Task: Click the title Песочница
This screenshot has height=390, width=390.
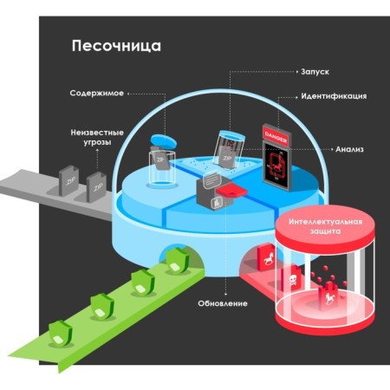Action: click(116, 46)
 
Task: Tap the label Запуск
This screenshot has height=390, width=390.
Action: click(315, 72)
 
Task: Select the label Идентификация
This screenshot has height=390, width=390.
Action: click(334, 96)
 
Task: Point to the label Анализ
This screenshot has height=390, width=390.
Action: click(349, 149)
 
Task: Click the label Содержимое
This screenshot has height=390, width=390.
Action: click(97, 94)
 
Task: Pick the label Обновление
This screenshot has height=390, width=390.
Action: click(223, 303)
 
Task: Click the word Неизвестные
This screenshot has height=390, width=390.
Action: click(97, 133)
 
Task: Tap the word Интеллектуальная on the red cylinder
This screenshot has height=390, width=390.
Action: click(325, 222)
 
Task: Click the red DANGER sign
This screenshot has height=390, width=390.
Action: click(276, 136)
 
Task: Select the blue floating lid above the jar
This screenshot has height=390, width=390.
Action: click(164, 141)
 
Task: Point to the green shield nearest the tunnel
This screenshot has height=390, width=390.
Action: click(177, 260)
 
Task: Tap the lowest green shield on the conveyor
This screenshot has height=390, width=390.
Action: click(60, 334)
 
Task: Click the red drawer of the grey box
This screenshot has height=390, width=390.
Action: click(231, 192)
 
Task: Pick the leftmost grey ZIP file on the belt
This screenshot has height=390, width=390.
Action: click(68, 180)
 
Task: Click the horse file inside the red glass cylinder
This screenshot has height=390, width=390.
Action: click(329, 296)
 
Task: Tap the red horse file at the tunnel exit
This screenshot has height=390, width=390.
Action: click(266, 257)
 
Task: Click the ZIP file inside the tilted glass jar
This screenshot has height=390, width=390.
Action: click(226, 157)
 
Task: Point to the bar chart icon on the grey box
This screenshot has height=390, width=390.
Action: click(217, 203)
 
